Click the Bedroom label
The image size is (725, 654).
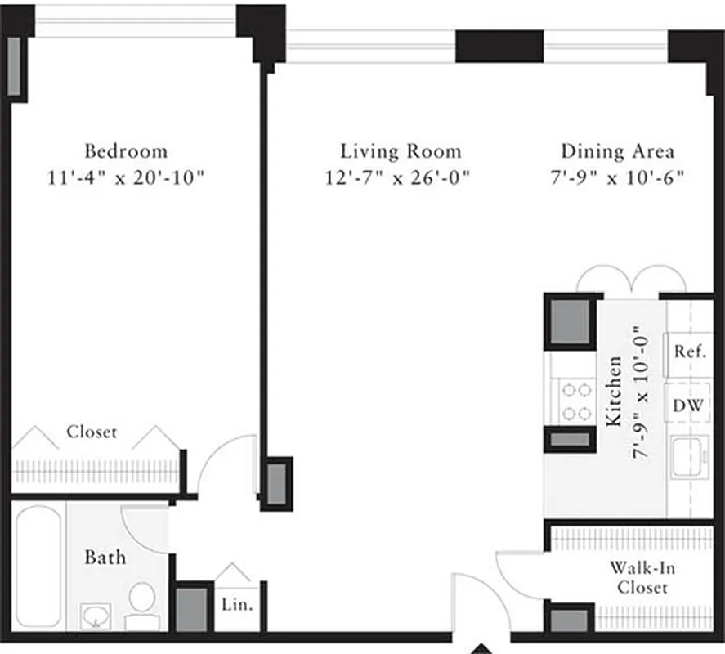coord(126,151)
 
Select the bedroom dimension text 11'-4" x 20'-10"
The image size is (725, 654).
coord(126,177)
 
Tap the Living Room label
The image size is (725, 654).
coord(401,151)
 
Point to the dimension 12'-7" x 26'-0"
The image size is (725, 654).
coord(401,177)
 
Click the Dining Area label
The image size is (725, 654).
coord(617,151)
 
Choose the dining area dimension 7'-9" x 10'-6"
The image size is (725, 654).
coord(617,177)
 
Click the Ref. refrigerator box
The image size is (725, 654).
coord(689,352)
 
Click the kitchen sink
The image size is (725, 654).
coord(689,458)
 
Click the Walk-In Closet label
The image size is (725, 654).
coord(642,577)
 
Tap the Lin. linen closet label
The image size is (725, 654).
coord(238,606)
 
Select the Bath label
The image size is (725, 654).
coord(105,558)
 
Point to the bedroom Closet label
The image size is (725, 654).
coord(92,432)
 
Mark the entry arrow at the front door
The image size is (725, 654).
coord(481,649)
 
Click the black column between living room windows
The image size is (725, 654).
coord(499,46)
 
